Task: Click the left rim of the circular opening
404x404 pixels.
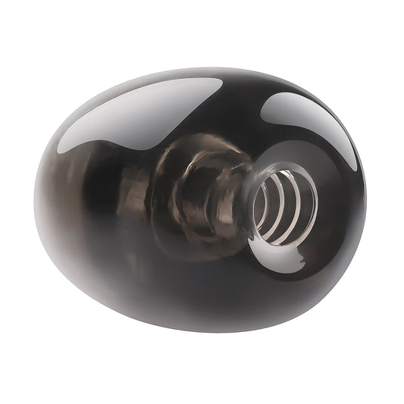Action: click(x=248, y=208)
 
